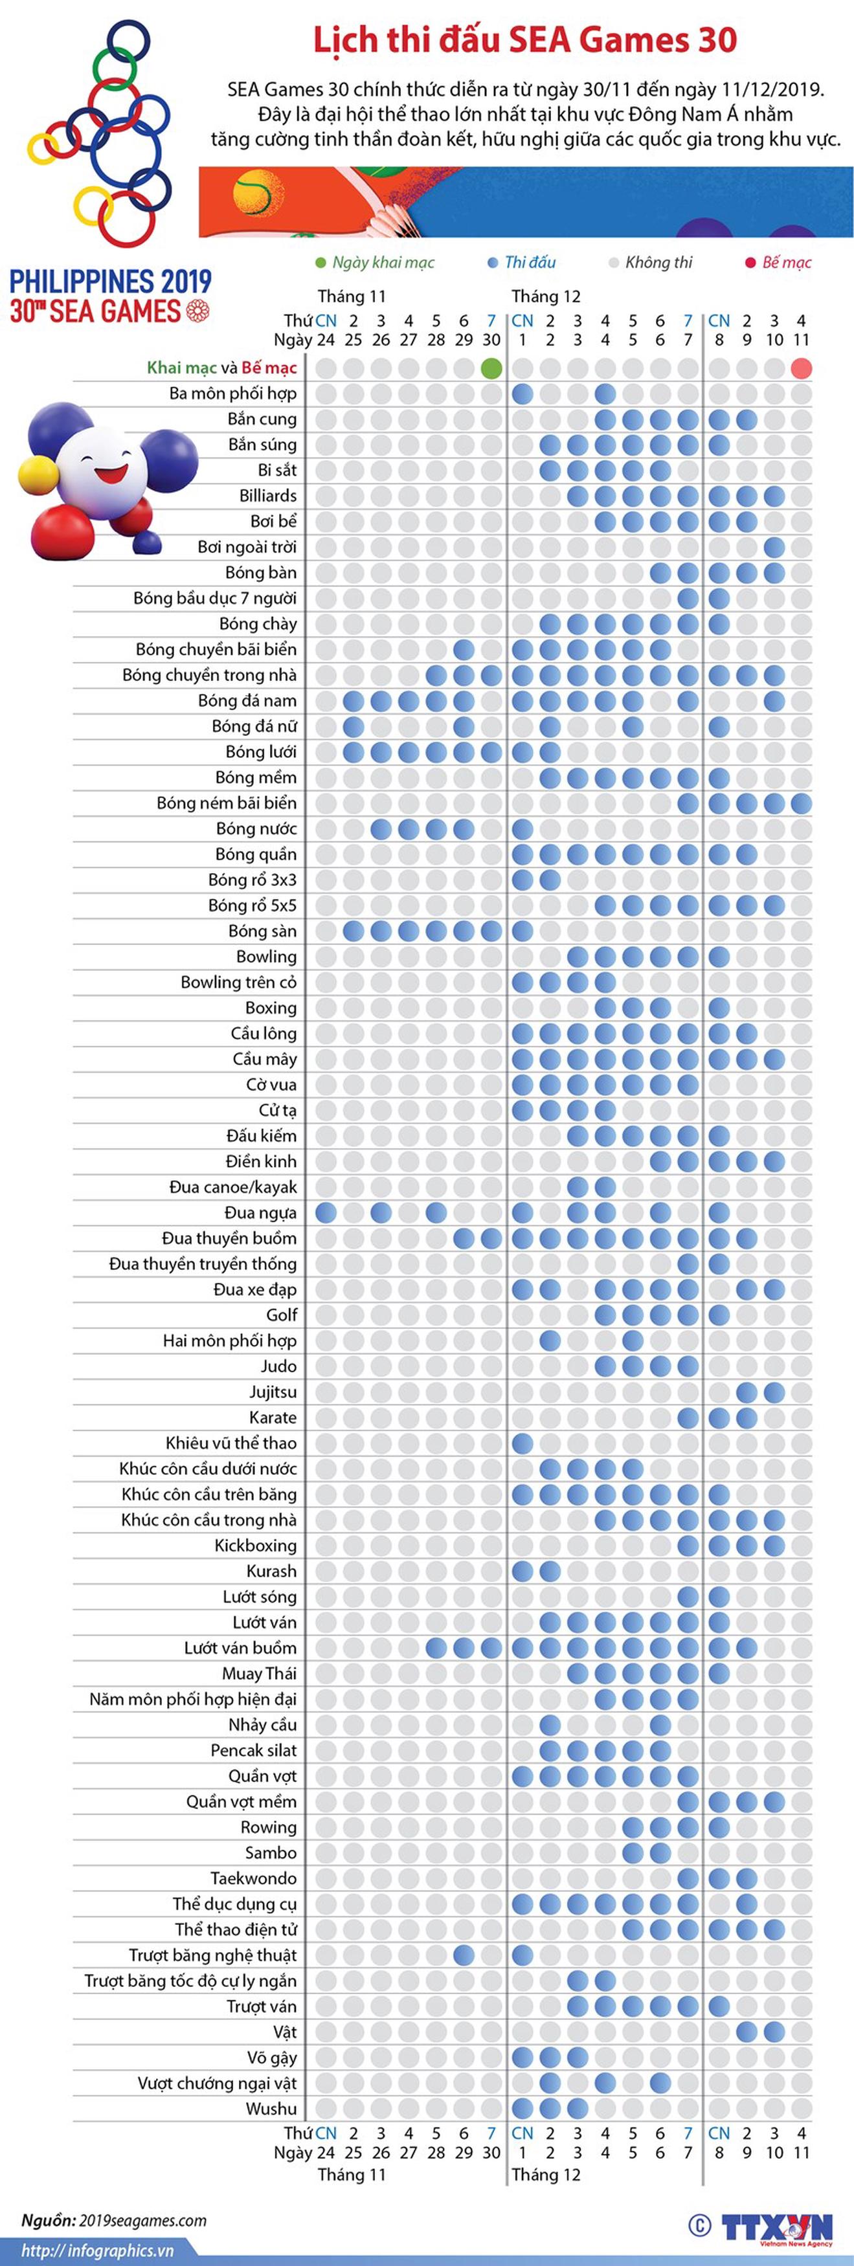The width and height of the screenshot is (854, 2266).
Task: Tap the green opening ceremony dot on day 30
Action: (491, 368)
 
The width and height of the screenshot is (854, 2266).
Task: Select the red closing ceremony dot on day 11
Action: (801, 368)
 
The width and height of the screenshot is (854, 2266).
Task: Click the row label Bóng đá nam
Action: (247, 700)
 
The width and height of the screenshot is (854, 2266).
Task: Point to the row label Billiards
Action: (268, 495)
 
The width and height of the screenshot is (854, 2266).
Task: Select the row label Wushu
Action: (271, 2109)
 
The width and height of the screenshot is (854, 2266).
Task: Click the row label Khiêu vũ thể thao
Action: (231, 1443)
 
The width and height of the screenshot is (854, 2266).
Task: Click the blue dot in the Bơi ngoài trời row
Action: (774, 547)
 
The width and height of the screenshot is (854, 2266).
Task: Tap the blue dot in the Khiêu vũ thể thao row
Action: (523, 1443)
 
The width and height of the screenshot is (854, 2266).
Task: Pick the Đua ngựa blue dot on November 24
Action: (326, 1212)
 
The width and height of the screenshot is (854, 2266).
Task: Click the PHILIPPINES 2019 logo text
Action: (111, 282)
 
